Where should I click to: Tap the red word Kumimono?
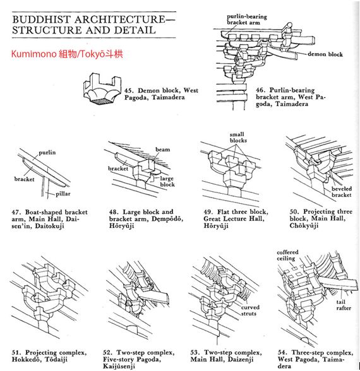tap(33, 54)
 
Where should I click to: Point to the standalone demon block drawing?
tap(102, 88)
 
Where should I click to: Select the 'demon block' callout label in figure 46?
tap(325, 54)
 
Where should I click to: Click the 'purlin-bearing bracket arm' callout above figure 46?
tap(247, 20)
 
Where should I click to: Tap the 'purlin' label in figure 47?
tap(47, 153)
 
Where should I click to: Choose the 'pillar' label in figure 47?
tap(63, 194)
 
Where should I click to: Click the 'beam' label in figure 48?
tap(163, 150)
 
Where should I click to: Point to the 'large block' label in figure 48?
tap(167, 182)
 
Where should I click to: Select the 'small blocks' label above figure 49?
tap(238, 138)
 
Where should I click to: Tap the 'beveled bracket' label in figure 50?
tap(342, 192)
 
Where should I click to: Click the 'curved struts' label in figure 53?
tap(250, 310)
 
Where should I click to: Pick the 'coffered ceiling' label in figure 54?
tap(287, 256)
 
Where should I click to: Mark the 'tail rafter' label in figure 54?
tap(344, 305)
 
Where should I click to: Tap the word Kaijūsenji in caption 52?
tap(119, 367)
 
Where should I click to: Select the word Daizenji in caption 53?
tap(241, 360)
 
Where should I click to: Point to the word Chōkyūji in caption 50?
tap(304, 225)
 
